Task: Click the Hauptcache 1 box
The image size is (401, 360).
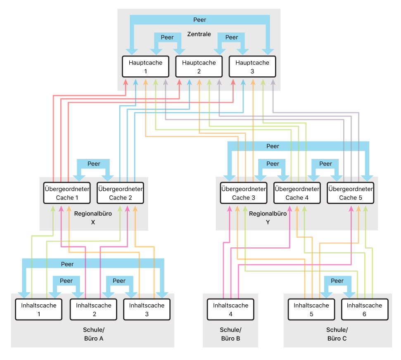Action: click(x=145, y=67)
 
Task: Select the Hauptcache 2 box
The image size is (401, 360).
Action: click(x=199, y=67)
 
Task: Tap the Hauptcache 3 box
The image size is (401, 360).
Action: click(x=252, y=67)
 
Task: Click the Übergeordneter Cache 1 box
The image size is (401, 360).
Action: click(x=67, y=193)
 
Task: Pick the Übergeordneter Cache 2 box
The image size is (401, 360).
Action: click(x=120, y=193)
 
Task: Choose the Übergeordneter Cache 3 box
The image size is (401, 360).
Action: click(x=243, y=193)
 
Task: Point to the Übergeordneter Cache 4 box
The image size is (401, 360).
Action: click(x=297, y=193)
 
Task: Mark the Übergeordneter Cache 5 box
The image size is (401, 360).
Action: click(x=350, y=193)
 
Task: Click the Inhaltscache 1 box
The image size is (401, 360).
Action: click(x=38, y=310)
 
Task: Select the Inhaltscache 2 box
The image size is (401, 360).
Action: click(x=93, y=310)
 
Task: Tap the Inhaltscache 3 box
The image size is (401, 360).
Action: click(x=147, y=310)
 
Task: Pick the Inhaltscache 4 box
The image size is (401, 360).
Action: click(x=230, y=310)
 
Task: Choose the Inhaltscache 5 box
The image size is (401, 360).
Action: click(x=311, y=310)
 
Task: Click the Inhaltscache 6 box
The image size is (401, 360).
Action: click(x=364, y=310)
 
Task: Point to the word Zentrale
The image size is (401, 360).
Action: click(x=199, y=34)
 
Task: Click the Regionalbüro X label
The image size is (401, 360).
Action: click(x=93, y=218)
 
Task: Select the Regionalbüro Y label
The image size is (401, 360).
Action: click(x=268, y=218)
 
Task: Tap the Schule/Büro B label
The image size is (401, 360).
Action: click(x=230, y=334)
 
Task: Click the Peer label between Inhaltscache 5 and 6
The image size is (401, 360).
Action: click(x=337, y=281)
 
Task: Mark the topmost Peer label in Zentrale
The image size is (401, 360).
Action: click(x=199, y=20)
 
